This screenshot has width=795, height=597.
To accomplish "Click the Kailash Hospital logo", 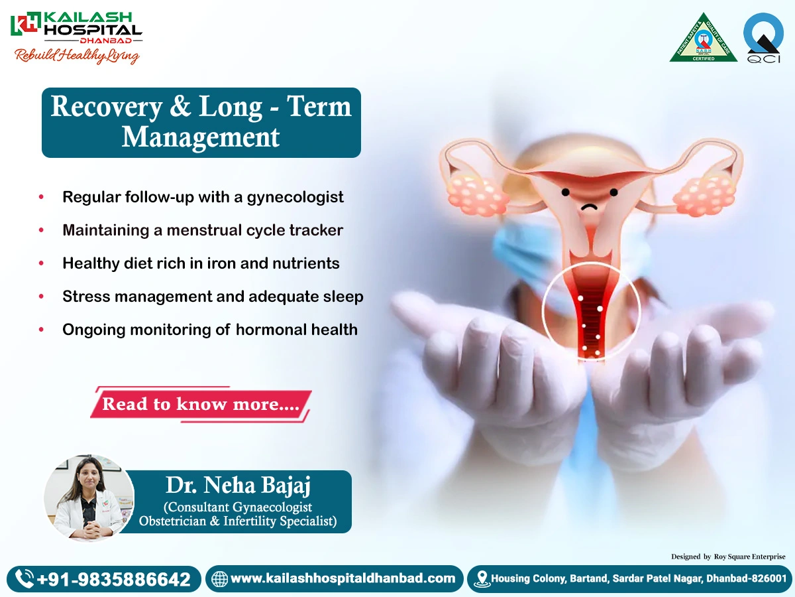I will [76, 36].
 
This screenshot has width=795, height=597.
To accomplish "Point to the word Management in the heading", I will [201, 137].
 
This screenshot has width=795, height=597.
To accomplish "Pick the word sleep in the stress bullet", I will [340, 297].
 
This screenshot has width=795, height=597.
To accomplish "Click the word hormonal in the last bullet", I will [271, 329].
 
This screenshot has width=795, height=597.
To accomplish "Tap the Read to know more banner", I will [200, 404].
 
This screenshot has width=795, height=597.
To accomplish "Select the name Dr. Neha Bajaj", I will [238, 486].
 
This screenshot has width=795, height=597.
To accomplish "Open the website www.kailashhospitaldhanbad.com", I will [343, 578].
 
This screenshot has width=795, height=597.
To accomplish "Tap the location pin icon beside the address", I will [482, 578].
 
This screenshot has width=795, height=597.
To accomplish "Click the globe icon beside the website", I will [219, 579].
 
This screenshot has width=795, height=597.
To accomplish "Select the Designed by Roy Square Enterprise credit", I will [728, 557].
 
